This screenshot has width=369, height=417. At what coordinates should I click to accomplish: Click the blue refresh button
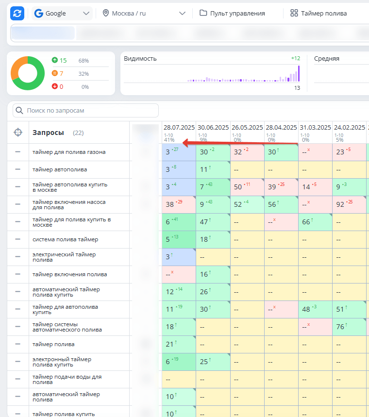tap(17, 13)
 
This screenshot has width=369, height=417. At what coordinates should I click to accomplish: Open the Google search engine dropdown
tap(63, 13)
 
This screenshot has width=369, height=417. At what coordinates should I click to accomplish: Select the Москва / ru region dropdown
tap(144, 13)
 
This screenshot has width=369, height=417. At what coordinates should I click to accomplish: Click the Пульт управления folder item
tap(232, 13)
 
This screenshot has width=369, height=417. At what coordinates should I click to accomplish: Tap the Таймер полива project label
tap(319, 13)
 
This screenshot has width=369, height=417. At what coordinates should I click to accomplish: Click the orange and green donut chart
tap(28, 73)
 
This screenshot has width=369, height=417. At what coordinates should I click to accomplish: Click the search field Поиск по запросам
tap(86, 111)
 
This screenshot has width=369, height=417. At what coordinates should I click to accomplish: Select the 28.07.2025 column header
tap(179, 128)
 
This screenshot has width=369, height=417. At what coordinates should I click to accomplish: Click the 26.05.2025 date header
tap(247, 128)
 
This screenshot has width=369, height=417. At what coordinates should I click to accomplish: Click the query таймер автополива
tap(60, 169)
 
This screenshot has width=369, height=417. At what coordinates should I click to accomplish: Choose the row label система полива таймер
tap(65, 239)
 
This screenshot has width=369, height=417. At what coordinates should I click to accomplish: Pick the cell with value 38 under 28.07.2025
tap(178, 204)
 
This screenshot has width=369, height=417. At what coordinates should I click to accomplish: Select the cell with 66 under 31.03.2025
tap(314, 222)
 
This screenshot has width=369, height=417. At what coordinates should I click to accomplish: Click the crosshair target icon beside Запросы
tap(18, 133)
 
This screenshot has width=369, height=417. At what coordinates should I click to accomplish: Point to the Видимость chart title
tap(140, 59)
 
